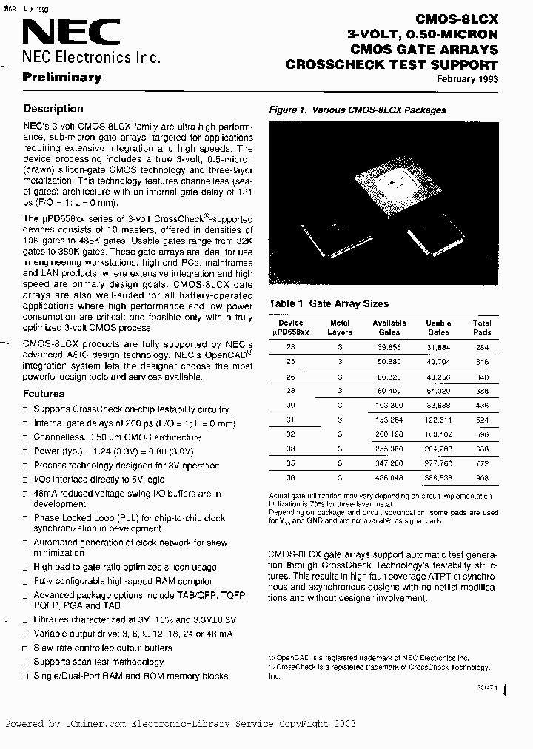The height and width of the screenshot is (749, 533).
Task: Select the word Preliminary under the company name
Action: [x=62, y=77]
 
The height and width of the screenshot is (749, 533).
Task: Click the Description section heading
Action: [x=53, y=109]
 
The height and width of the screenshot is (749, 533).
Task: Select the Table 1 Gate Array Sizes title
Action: [x=329, y=303]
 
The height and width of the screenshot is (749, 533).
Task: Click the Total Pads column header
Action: [x=482, y=327]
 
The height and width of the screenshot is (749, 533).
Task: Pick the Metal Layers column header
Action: [x=340, y=327]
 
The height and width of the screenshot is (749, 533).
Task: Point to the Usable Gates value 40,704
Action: [x=439, y=362]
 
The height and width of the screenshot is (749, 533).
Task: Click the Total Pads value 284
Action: [x=482, y=346]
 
